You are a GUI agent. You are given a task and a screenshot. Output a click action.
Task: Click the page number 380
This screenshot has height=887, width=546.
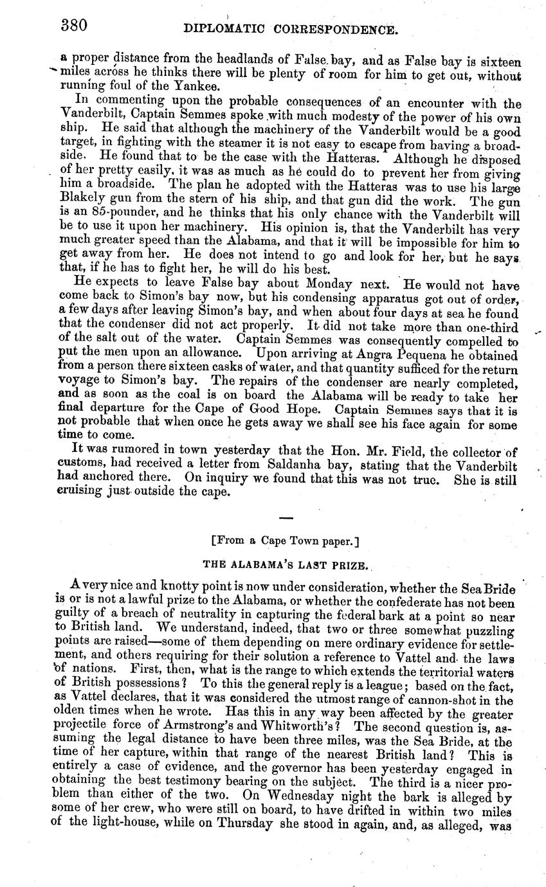[x=74, y=26]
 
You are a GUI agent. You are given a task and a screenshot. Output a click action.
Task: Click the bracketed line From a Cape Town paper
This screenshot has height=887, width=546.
[x=286, y=542]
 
